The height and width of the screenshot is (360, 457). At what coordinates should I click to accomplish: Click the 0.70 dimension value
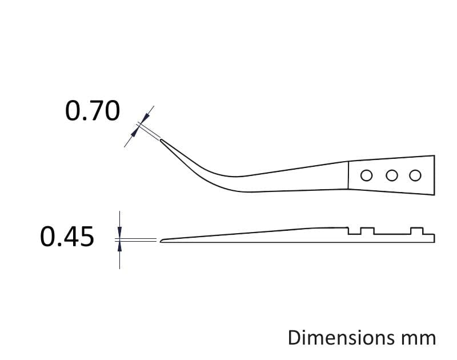[x=93, y=111]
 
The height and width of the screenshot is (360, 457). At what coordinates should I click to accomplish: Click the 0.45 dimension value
[x=67, y=237]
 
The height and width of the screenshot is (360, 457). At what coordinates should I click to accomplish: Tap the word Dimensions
[x=341, y=338]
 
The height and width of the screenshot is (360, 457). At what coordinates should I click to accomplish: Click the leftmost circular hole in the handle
[x=366, y=176]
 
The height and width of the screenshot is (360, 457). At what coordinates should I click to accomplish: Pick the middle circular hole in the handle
[x=392, y=175]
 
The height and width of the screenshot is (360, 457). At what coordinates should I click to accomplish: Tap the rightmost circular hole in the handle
[x=415, y=175]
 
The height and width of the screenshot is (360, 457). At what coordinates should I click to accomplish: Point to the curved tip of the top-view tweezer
[x=161, y=140]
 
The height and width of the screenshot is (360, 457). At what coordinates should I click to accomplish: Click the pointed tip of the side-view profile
[x=161, y=241]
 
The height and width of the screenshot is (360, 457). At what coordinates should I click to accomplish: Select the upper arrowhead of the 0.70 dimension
[x=146, y=118]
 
